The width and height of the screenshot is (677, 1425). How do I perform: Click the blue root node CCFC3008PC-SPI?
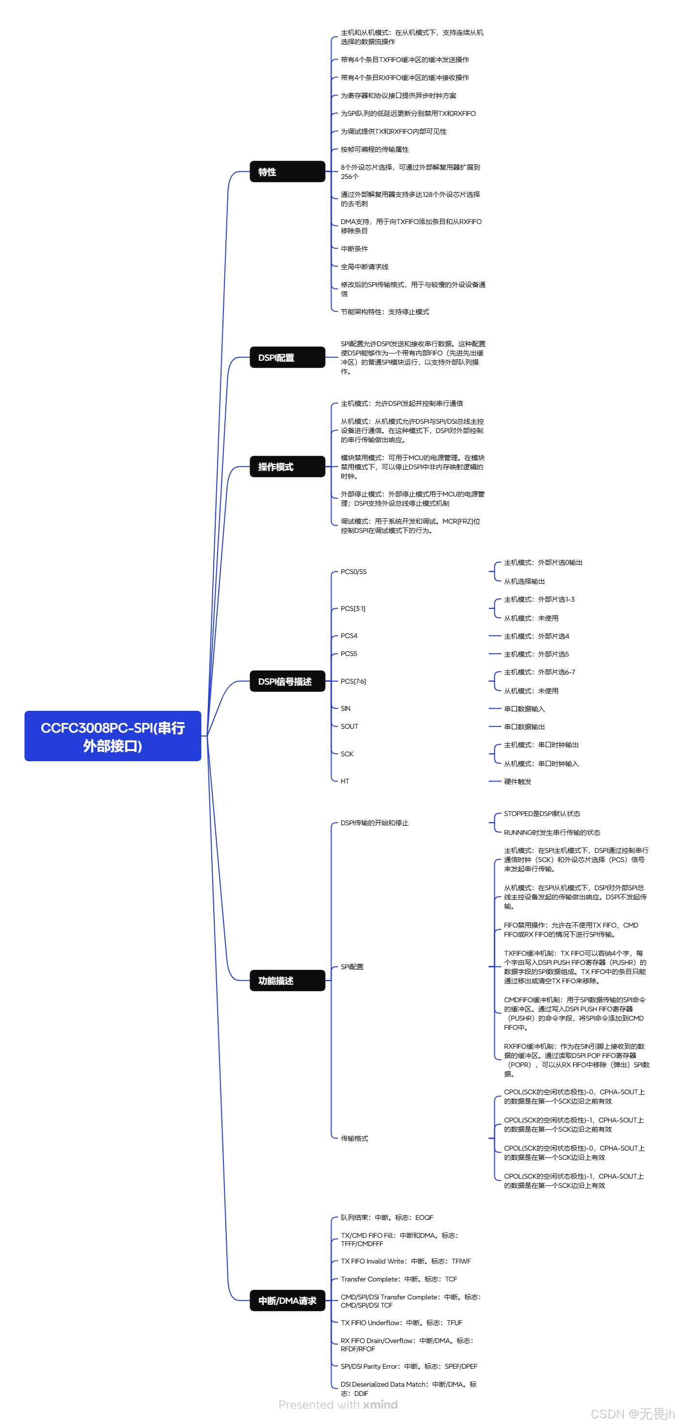tap(112, 736)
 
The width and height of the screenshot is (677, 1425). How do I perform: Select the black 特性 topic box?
tap(287, 172)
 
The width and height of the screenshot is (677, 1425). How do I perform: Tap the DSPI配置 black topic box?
tap(287, 357)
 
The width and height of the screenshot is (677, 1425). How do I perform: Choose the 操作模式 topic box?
tap(287, 466)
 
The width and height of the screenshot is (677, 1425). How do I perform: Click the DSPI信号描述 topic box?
tap(287, 681)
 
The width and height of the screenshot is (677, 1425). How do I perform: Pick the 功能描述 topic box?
tap(287, 980)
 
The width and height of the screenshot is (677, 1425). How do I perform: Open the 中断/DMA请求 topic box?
tap(287, 1300)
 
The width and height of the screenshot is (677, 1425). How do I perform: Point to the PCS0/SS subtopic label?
tap(353, 572)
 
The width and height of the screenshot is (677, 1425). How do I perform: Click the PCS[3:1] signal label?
tap(353, 608)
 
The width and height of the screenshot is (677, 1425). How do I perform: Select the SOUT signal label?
tap(349, 726)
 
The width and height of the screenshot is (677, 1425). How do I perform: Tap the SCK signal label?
tap(347, 754)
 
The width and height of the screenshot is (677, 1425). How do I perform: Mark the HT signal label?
tap(345, 781)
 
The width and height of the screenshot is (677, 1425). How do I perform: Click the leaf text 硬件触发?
tap(518, 782)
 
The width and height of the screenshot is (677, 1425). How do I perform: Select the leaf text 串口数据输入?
tap(524, 709)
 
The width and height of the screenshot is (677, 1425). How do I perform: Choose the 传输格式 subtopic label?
tap(355, 1138)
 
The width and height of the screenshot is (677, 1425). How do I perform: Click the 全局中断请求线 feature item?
tap(364, 267)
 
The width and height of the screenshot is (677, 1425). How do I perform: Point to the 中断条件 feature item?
tap(355, 249)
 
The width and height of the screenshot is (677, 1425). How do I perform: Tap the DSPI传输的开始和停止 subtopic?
tap(375, 823)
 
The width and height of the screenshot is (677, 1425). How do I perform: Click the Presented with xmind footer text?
tap(338, 1405)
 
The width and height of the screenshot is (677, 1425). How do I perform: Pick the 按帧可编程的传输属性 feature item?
tap(375, 149)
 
